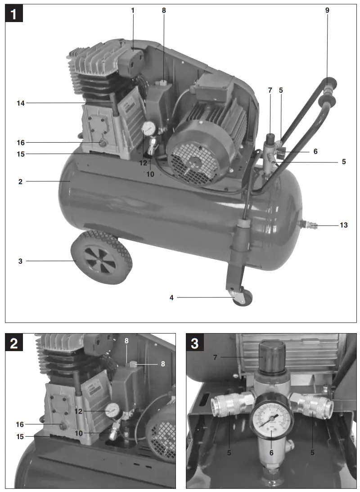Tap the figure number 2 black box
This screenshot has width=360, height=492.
[14, 343]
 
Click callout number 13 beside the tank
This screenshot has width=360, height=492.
[343, 225]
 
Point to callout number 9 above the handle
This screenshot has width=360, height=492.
[327, 9]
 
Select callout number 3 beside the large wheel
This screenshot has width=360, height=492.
[20, 261]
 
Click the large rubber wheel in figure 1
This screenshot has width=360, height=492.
[101, 258]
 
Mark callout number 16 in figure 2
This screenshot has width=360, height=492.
[20, 424]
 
